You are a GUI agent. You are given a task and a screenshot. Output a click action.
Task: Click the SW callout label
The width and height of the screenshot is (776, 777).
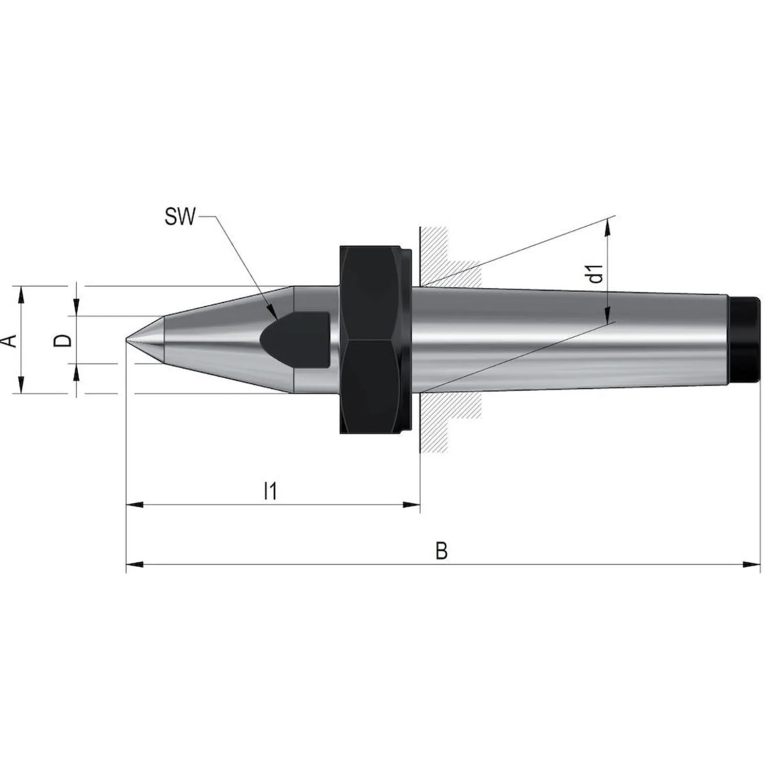[180, 217]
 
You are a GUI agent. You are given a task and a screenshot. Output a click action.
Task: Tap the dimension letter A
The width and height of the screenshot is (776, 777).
[10, 340]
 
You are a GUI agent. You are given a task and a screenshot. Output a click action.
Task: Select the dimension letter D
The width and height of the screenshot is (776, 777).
[63, 340]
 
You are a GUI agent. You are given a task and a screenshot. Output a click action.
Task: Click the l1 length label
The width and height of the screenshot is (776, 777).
[270, 491]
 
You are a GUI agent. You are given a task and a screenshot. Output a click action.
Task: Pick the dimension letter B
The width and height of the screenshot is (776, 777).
[441, 552]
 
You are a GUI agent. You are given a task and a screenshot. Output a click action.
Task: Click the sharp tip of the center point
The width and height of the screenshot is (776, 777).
[126, 339]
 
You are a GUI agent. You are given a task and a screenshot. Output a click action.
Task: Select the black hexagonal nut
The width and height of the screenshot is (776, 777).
[376, 339]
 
